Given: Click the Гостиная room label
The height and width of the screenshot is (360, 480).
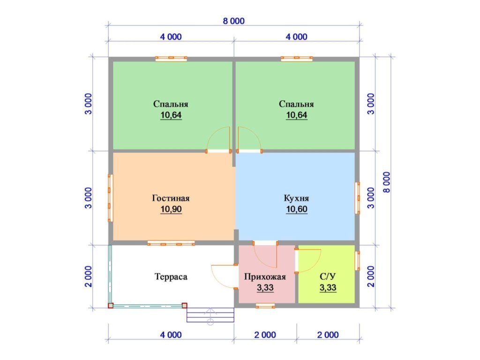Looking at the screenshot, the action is click(x=171, y=198).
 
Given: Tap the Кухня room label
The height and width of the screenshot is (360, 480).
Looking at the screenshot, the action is click(x=296, y=198).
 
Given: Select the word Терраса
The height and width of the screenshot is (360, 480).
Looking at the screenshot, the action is click(x=171, y=277).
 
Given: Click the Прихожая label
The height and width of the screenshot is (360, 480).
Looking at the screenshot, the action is click(x=265, y=277).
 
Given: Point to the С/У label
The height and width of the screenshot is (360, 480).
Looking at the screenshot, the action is click(x=328, y=277).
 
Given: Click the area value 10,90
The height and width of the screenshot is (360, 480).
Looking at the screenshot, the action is click(x=171, y=210).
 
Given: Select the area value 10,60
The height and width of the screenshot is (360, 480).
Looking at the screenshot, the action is click(x=296, y=210).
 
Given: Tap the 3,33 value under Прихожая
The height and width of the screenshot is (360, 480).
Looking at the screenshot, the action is click(x=265, y=288).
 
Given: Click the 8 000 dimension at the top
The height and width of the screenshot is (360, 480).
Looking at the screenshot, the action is click(x=233, y=21).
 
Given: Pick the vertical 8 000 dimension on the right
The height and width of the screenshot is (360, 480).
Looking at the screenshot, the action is click(x=387, y=182).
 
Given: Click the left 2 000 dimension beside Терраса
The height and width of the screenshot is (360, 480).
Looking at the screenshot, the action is click(x=88, y=277).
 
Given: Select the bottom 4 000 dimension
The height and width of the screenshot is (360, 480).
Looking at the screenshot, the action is click(x=171, y=335).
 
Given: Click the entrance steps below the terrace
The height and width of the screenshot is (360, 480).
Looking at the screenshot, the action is click(x=210, y=315).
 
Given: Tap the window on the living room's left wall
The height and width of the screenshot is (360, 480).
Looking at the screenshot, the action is click(x=110, y=198).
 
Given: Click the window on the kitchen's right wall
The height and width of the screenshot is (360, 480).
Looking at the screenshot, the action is click(x=357, y=198).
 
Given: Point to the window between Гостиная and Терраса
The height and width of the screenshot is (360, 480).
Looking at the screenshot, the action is click(x=171, y=243).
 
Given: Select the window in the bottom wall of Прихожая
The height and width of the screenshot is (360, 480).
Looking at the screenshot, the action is click(x=265, y=306).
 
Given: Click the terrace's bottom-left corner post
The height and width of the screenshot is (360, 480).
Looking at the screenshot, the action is click(x=111, y=306).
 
